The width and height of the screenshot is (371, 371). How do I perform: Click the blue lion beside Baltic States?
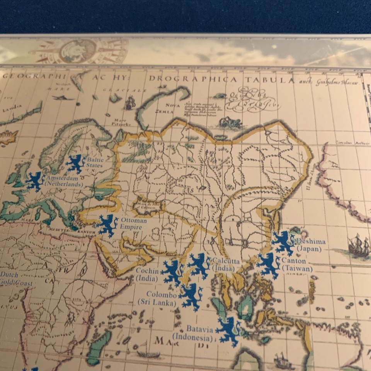point(75,164)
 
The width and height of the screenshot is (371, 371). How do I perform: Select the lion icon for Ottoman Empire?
point(107,225)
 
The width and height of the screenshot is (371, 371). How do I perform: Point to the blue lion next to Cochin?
point(172,272)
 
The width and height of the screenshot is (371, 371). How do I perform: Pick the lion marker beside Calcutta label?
point(199,265)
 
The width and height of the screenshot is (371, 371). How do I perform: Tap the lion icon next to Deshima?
point(283,243)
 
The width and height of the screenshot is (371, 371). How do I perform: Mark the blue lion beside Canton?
point(269,265)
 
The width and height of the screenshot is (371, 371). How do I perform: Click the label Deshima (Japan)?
point(309,245)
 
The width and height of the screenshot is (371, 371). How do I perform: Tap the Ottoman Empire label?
point(133,224)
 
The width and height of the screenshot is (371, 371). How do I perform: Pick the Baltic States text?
point(95,162)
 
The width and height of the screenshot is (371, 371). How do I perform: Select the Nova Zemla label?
point(173,108)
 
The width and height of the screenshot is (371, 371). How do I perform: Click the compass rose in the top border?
point(79,51)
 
